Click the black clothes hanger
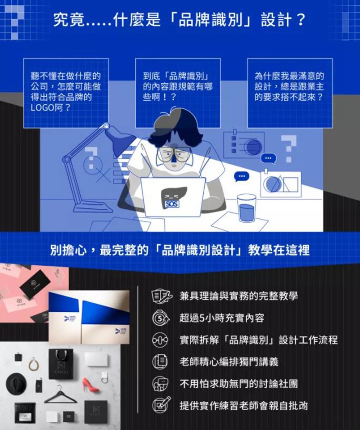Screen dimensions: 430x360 click(60, 396)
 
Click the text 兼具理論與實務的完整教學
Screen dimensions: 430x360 click(238, 296)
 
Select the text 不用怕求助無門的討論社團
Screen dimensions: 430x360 click(238, 384)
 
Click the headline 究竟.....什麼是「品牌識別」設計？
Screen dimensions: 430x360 click(180, 20)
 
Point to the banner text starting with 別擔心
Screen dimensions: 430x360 click(180, 250)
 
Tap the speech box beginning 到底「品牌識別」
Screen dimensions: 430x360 click(178, 93)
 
